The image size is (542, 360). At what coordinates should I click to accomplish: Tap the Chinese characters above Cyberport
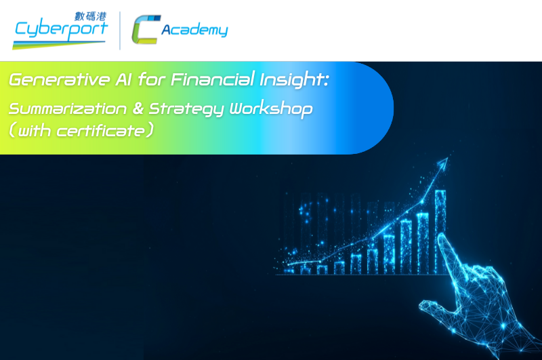point(91,16)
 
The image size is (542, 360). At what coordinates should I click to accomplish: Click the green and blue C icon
point(146,29)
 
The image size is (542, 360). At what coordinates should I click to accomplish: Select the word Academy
point(194,30)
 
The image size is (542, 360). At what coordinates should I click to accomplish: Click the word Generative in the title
point(59,79)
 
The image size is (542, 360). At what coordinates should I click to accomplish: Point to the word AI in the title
point(123,79)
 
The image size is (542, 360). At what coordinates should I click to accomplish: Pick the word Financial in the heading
point(213,79)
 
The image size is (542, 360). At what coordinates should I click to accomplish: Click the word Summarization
point(68,109)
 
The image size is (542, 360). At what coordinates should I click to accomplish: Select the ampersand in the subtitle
point(138,108)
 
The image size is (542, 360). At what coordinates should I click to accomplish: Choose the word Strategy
point(186,109)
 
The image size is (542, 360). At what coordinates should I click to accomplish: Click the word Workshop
point(272,109)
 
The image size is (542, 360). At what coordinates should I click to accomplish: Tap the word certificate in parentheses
point(100,132)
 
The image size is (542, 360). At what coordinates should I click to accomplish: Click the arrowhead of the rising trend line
point(444,163)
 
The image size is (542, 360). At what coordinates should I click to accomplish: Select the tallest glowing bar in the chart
point(440,232)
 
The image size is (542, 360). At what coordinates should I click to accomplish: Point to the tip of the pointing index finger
point(442,236)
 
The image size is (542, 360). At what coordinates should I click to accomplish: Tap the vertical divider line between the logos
point(120,31)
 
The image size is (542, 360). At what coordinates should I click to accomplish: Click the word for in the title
point(151,79)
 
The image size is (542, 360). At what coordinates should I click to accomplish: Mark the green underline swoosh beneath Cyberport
point(59,45)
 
